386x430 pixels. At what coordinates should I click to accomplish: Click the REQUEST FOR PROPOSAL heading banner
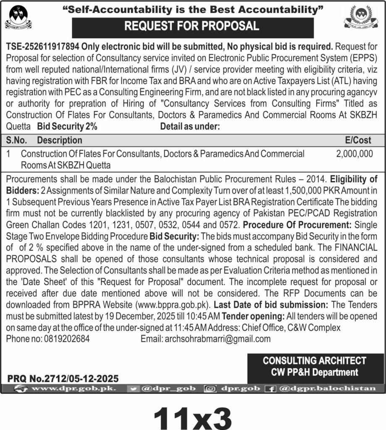tap(193, 26)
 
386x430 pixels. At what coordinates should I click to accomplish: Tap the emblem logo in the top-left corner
tap(18, 18)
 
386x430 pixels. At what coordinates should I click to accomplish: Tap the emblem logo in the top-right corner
tap(364, 18)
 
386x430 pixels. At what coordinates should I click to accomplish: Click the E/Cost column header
tap(357, 140)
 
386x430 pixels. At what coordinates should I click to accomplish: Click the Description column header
tap(60, 140)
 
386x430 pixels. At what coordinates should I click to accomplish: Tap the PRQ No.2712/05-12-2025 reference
tap(63, 378)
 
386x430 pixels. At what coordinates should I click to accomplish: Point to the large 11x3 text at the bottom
tap(193, 414)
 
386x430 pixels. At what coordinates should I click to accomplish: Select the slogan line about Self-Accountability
tap(193, 9)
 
